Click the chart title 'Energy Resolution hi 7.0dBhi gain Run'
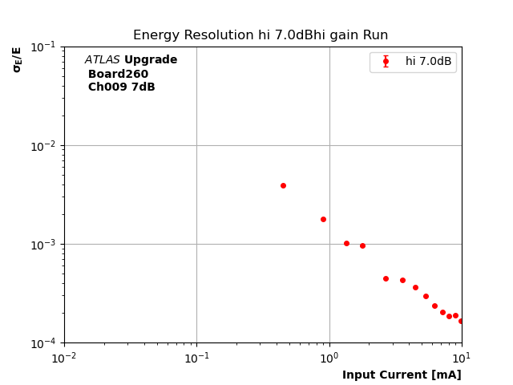(261, 35)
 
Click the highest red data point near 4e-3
(283, 185)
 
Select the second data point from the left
(323, 219)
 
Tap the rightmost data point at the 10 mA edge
(461, 321)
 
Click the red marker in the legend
(386, 62)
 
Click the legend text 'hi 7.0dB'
(428, 62)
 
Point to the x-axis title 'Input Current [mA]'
(402, 375)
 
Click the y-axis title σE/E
(17, 59)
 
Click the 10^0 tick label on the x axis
(329, 358)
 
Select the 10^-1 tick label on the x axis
(196, 358)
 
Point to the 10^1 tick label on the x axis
(462, 358)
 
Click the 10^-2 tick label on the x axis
(64, 358)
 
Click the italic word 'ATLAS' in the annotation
(102, 60)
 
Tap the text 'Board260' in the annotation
(118, 75)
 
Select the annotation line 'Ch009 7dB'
(121, 87)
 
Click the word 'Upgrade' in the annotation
(151, 60)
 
